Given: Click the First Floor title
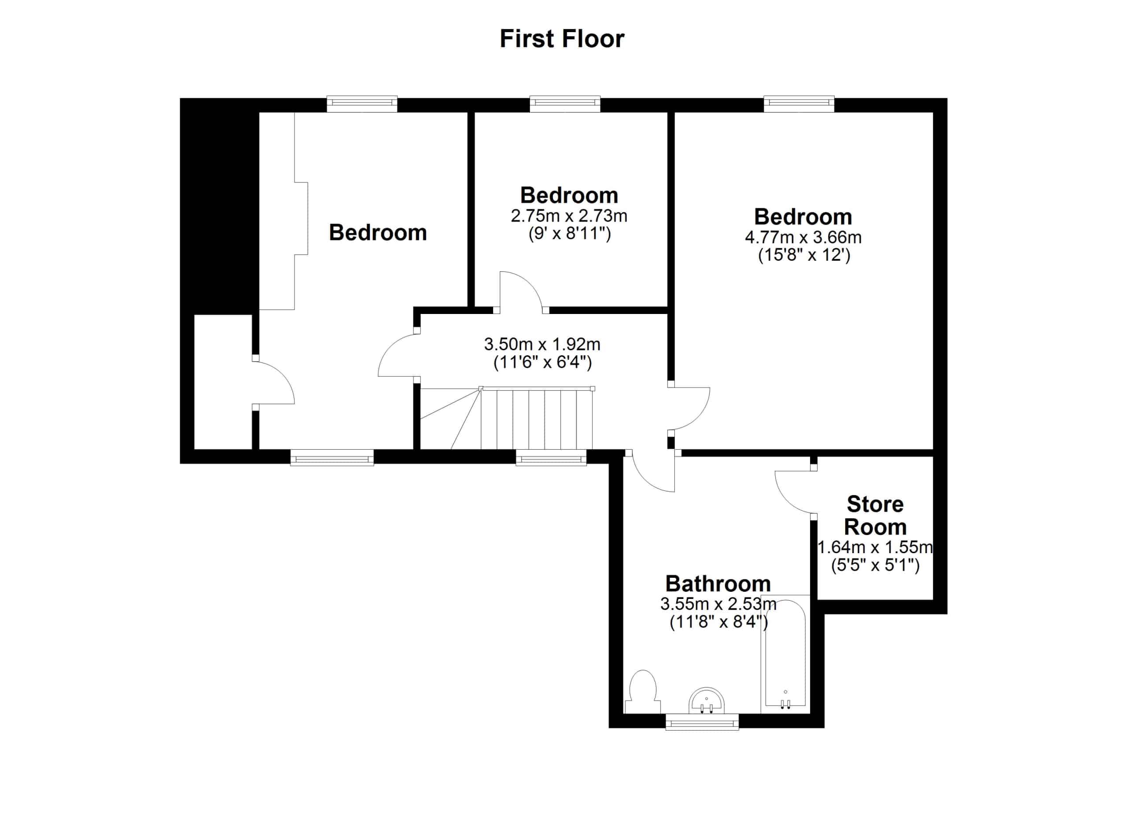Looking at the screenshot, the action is point(562,39).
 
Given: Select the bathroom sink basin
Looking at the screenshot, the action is point(706,701).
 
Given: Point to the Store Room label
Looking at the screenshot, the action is point(875,515).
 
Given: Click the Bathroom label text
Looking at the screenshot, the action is point(718,584).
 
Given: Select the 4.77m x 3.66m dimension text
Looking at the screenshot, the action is point(803,237).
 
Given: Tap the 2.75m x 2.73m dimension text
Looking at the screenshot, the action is point(569,216).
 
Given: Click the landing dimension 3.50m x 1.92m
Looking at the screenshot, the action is point(542,344).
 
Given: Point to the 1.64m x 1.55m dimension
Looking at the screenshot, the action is point(875,547).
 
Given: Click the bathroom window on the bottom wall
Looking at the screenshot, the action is point(702,722).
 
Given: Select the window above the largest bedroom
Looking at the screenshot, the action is point(799,104).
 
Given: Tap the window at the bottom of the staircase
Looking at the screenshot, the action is point(551,458).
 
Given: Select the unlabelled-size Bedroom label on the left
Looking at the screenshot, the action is point(378,233).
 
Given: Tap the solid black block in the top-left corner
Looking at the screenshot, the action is point(219,206).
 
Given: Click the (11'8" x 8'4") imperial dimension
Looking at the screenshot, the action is point(718,622).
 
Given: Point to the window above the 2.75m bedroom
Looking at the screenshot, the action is point(565,104).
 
